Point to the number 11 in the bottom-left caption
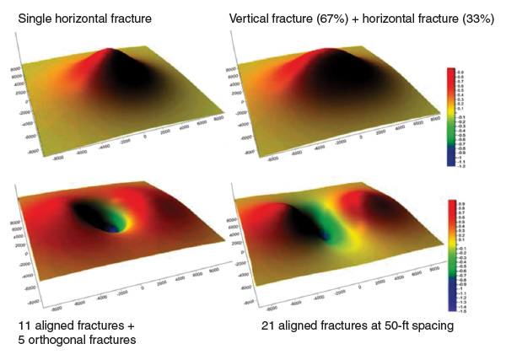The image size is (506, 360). click(x=24, y=325)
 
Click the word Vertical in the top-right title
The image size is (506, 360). click(x=251, y=19)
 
